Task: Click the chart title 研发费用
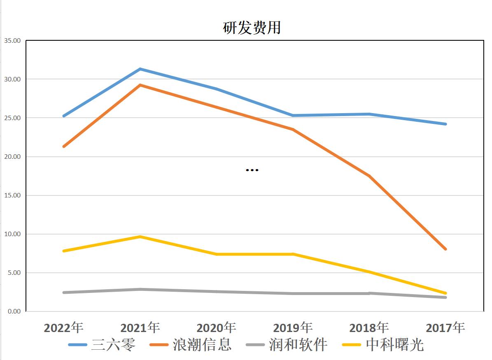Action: pos(252,28)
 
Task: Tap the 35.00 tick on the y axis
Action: pos(12,41)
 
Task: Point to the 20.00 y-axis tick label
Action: pos(12,157)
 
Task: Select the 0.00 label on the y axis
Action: pos(13,311)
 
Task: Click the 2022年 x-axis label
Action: pos(63,327)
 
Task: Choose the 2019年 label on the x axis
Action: pos(293,327)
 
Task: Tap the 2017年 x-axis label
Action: pos(445,327)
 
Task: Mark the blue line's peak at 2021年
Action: pos(140,69)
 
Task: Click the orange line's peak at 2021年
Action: pos(140,85)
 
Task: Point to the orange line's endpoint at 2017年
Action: pos(445,249)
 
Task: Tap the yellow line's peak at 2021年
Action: pos(140,237)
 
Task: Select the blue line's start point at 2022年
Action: pos(64,116)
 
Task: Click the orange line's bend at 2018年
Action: pos(369,176)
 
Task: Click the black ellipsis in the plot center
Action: pos(252,170)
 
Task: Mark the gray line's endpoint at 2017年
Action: pos(445,297)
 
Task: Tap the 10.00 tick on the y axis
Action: pos(12,234)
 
